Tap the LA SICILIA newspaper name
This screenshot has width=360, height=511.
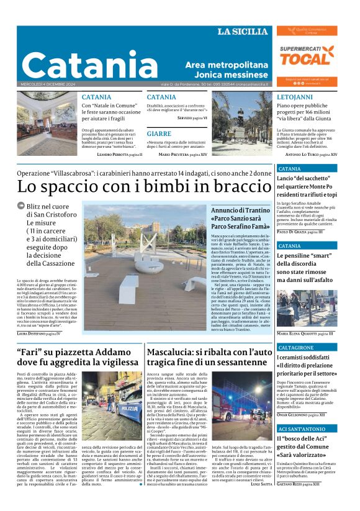(x=242, y=32)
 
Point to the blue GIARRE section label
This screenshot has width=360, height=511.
(x=159, y=133)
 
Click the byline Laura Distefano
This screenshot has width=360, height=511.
(x=37, y=333)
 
